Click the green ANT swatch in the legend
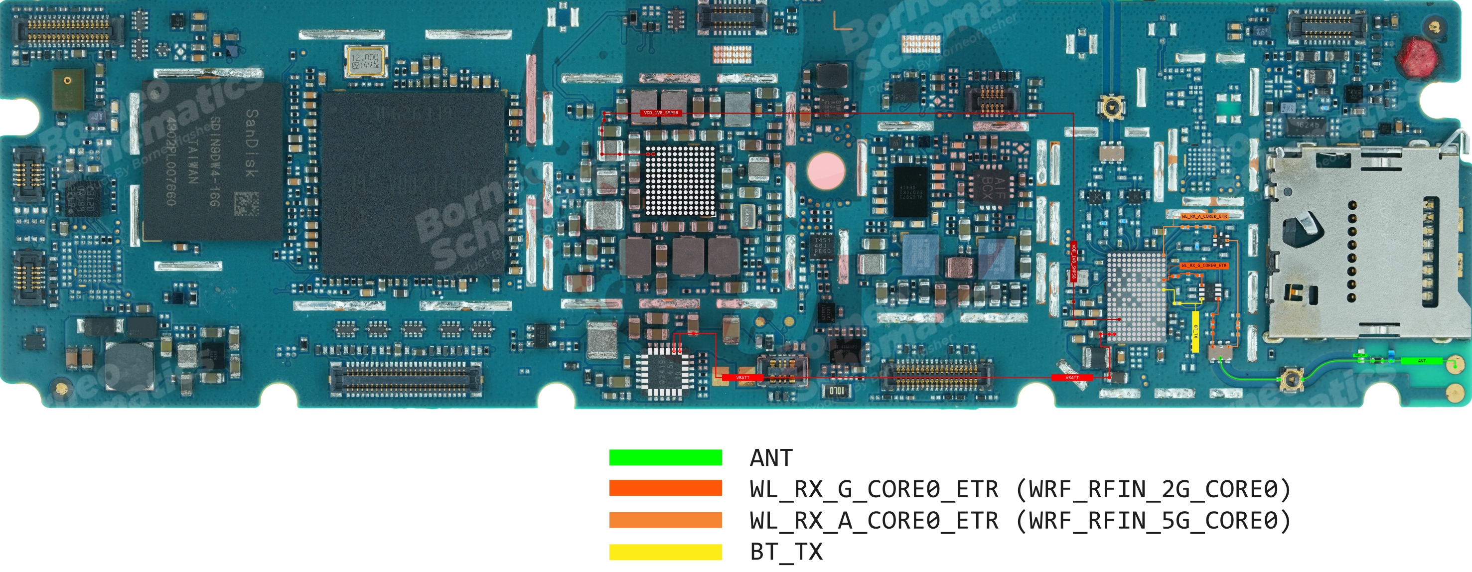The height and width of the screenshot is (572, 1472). coord(665,457)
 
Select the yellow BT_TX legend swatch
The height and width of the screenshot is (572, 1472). coord(665,552)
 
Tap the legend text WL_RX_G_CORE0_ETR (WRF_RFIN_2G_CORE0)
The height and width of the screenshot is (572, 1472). coord(1020,489)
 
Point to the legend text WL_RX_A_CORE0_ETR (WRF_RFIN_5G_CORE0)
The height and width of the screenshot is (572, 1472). coord(1020,521)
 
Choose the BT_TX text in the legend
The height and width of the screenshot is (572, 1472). coord(786,552)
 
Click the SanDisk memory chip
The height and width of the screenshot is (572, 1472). coord(213,160)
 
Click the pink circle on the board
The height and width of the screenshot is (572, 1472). coord(826,170)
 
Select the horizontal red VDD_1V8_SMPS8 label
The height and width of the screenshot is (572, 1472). coord(661,113)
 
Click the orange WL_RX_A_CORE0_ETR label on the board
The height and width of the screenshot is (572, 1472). coord(1204,216)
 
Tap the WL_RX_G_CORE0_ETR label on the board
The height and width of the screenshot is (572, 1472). coord(1204,265)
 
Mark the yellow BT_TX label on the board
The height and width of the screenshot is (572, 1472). coord(1195,331)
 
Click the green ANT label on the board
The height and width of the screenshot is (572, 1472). coord(1422,361)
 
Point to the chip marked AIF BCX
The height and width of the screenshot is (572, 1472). coord(993,186)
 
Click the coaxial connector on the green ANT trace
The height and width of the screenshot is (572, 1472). coord(1291,378)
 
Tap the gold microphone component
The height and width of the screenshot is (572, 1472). coord(68,89)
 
